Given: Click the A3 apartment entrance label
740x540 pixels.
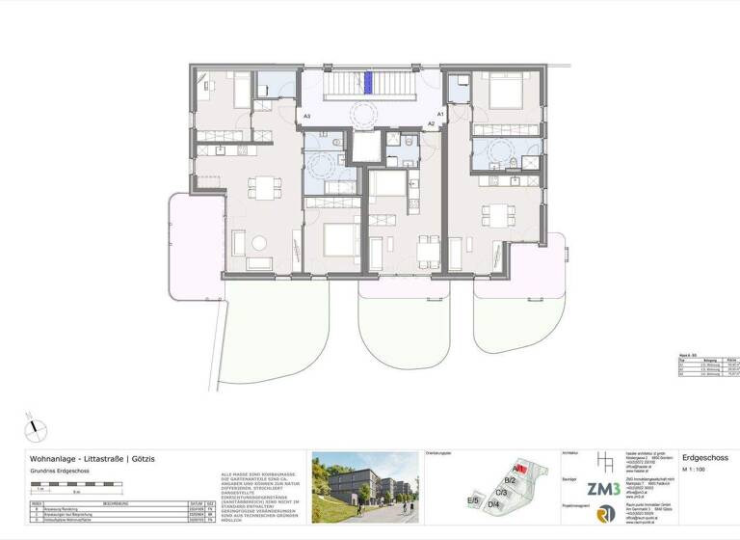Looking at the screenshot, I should click(306, 117).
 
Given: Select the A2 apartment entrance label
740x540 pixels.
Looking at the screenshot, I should click(432, 124).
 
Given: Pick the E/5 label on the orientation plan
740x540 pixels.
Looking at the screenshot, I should click(472, 500).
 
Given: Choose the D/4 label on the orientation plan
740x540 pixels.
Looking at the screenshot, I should click(493, 503).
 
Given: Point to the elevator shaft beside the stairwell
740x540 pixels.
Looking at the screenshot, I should click(366, 146).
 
